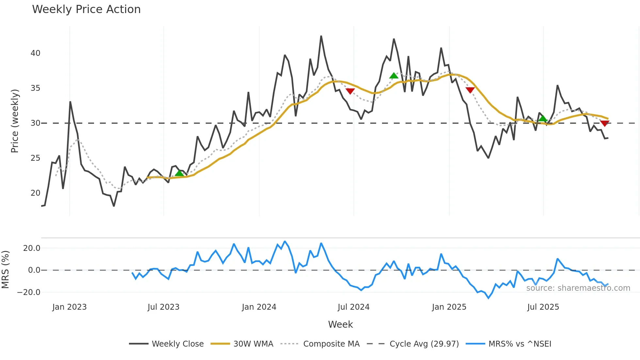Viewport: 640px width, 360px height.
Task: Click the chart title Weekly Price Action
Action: click(x=86, y=9)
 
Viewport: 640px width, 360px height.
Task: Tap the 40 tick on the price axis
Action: click(x=35, y=53)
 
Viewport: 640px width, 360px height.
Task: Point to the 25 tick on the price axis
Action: click(x=35, y=158)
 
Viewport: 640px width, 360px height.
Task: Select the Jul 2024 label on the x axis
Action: click(x=353, y=307)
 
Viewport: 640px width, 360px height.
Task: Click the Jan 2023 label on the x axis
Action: click(x=69, y=307)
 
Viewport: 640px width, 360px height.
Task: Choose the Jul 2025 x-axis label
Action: click(x=543, y=307)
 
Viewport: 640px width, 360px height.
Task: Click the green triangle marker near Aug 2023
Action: click(x=179, y=173)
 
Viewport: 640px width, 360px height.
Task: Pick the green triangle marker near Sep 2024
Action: click(x=394, y=76)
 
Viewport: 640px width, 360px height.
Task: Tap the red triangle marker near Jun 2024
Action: click(x=350, y=91)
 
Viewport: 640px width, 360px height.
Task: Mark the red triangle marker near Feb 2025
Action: click(x=470, y=90)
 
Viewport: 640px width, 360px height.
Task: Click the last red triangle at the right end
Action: click(x=604, y=123)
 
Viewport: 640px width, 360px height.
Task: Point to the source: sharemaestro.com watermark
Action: click(x=578, y=288)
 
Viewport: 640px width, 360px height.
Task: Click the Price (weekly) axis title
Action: click(x=15, y=121)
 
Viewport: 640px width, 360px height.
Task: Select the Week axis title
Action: click(x=340, y=324)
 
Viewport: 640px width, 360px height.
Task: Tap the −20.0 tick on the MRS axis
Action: click(x=29, y=292)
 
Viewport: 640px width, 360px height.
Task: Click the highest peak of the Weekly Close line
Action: click(x=321, y=36)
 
